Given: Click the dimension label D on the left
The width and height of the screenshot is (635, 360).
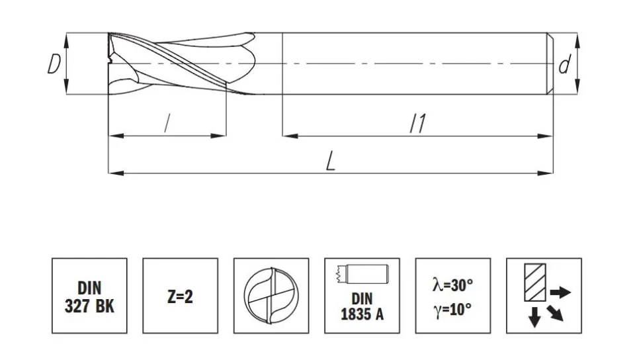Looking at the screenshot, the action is click(54, 64).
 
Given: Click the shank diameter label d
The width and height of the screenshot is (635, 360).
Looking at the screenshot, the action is click(564, 65).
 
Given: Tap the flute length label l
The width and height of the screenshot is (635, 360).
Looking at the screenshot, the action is click(167, 123).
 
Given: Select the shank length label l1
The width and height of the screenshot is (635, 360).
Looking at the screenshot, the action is click(418, 123).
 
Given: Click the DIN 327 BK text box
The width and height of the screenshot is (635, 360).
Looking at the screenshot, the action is click(89, 296).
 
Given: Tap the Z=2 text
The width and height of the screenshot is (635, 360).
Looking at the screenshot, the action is click(180, 297).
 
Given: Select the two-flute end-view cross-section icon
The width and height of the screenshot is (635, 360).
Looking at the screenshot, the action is click(271, 296).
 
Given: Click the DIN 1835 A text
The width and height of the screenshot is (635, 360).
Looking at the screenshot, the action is click(362, 306).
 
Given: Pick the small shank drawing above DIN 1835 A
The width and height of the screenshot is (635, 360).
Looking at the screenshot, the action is click(362, 274).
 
